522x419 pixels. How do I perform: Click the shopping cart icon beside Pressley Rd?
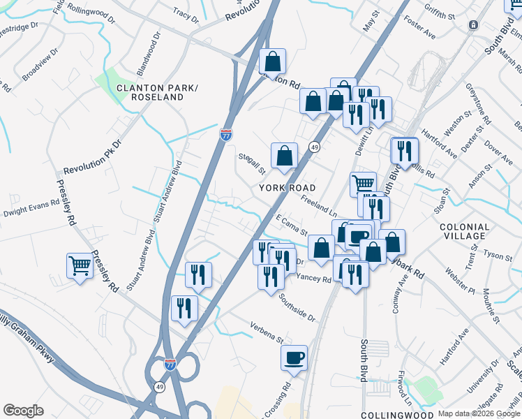[x=80, y=265]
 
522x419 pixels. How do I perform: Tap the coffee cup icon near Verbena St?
[x=294, y=357]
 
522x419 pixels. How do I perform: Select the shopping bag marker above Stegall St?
[x=284, y=156]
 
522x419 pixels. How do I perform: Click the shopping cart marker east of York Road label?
[x=363, y=184]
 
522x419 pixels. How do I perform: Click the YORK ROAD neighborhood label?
[x=288, y=188]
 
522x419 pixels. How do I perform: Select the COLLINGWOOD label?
[x=393, y=414]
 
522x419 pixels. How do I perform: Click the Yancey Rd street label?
[x=313, y=279]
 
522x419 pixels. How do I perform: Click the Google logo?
[x=23, y=410]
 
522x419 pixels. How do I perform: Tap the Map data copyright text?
[x=479, y=413]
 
